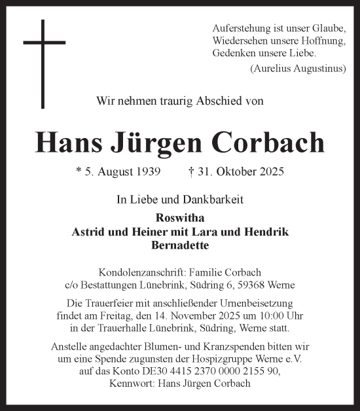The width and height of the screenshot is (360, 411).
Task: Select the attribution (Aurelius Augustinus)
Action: click(x=298, y=69)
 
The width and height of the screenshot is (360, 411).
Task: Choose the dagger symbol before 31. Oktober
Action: click(x=190, y=172)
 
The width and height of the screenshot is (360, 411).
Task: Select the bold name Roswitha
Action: click(x=179, y=219)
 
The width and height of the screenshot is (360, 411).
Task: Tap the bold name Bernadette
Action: click(x=179, y=245)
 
